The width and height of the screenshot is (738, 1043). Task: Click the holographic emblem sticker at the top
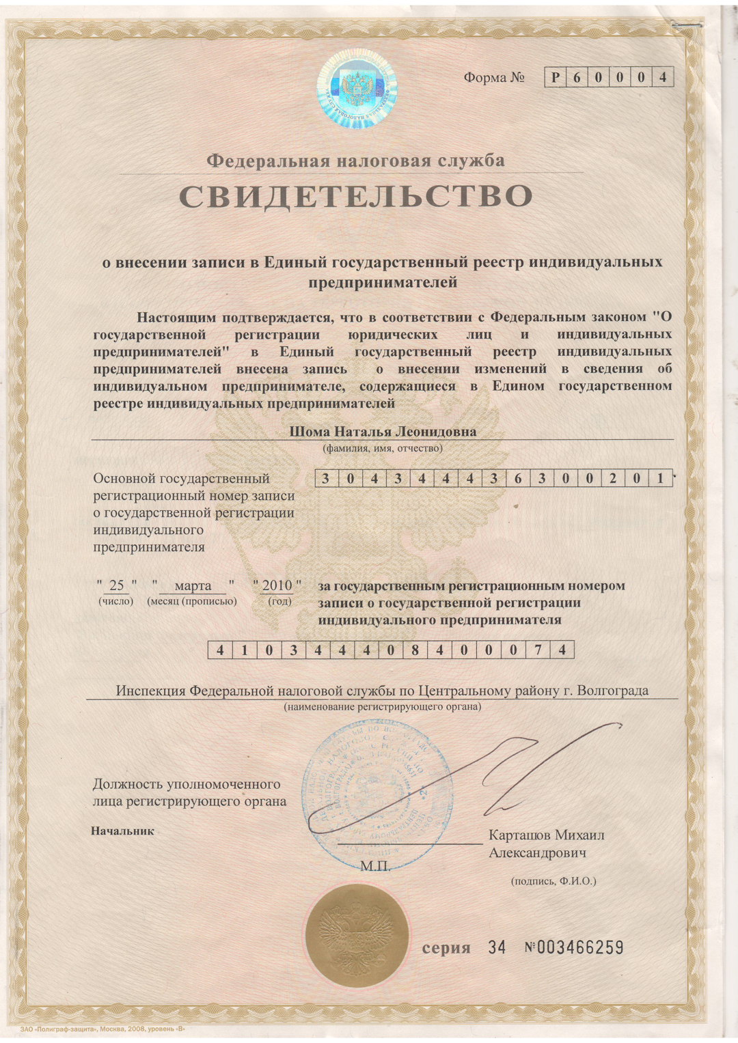357,89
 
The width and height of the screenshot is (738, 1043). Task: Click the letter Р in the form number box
556,78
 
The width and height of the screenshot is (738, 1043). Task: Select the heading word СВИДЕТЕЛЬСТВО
355,197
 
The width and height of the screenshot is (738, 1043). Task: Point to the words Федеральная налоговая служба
355,161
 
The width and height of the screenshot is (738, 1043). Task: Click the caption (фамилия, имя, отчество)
382,449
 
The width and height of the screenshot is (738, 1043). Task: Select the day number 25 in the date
117,585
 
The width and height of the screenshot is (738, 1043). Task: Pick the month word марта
193,585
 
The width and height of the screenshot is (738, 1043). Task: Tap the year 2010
277,585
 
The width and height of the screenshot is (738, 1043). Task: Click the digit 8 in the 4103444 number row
415,650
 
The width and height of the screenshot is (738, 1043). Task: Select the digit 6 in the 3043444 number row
518,478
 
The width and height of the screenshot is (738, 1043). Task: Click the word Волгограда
613,691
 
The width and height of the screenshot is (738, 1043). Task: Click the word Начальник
122,831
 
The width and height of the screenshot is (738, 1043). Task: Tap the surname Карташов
519,835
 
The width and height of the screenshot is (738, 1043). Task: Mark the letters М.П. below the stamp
375,867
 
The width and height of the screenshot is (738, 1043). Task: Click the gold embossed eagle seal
356,936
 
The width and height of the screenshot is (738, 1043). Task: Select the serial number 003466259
580,947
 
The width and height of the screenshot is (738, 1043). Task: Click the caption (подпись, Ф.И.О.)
553,881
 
